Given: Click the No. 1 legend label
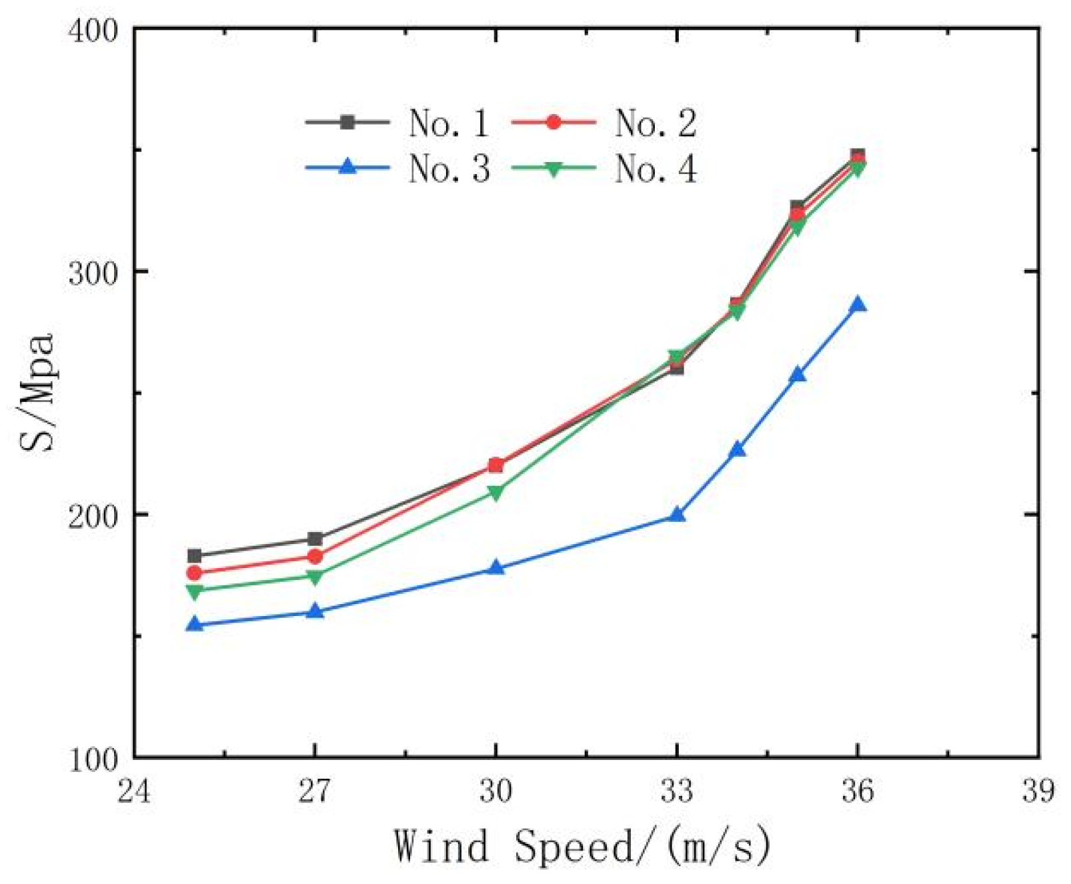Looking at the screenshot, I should tap(448, 123).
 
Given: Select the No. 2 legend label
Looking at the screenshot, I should tap(655, 123).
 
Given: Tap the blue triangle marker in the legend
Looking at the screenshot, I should tap(347, 166).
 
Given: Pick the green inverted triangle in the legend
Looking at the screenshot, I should tap(553, 169).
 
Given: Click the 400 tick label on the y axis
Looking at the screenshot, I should tap(93, 30).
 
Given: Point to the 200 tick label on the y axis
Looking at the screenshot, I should tap(93, 515).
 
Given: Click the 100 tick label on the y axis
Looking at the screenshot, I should tap(93, 759).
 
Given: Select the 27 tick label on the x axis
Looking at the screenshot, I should tap(315, 791).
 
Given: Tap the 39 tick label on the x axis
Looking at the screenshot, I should tap(1038, 791).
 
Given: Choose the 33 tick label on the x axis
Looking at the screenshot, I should tap(676, 791).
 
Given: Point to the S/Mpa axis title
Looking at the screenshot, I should tap(37, 392).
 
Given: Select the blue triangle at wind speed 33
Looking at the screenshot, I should tap(677, 515).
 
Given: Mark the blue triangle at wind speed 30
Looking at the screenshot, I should tap(495, 568).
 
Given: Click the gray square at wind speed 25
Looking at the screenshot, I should tap(194, 555).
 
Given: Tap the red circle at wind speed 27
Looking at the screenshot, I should tap(315, 556).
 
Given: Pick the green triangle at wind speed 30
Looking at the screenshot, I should tap(495, 493).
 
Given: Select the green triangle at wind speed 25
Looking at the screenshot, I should tap(194, 591).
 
